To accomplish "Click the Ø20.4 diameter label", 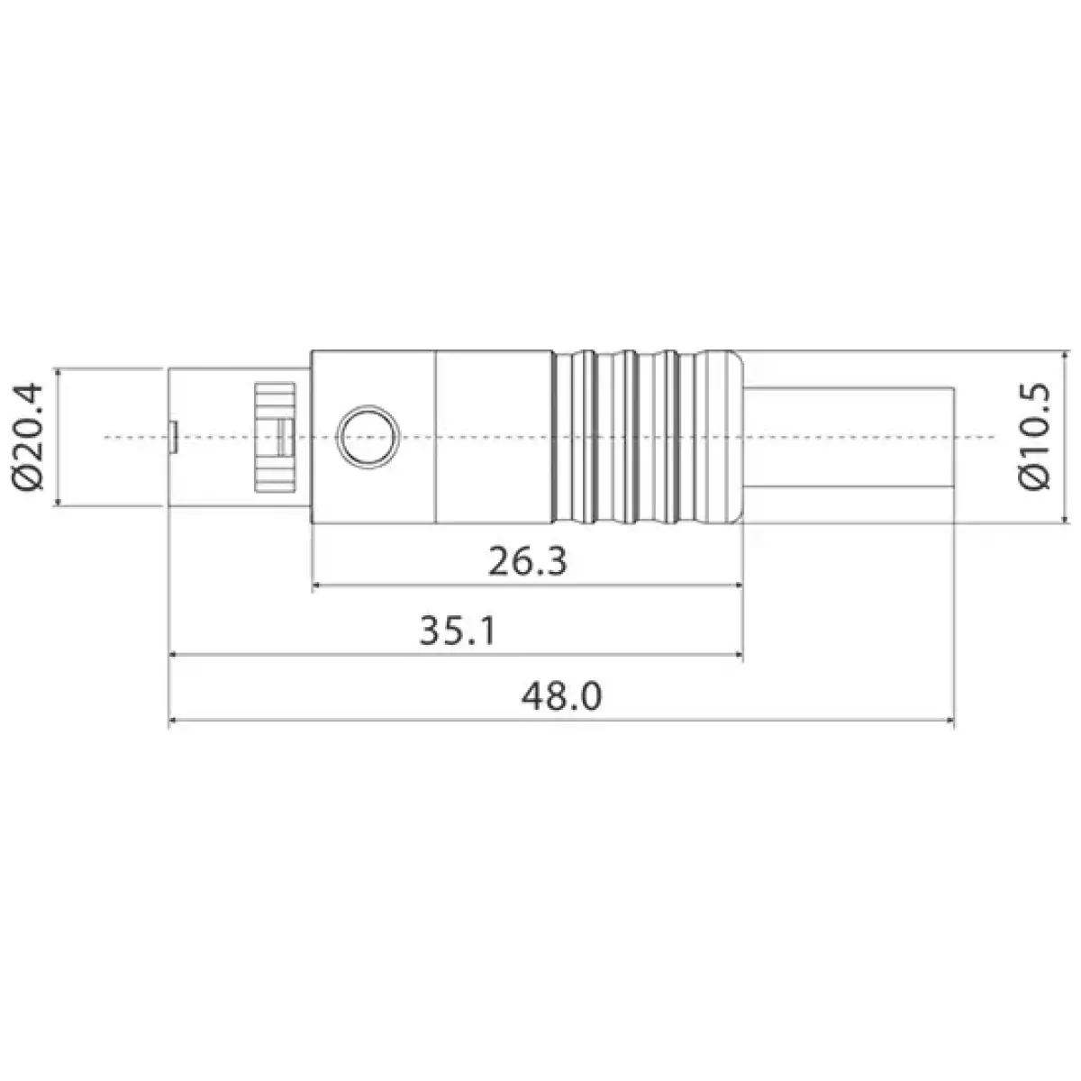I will [29, 437].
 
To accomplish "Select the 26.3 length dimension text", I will [527, 562].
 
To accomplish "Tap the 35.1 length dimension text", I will [458, 631].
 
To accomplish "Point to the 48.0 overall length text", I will [561, 696].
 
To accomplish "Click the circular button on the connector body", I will [366, 437].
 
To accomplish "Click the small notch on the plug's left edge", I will [172, 437].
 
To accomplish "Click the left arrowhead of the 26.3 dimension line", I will [314, 586].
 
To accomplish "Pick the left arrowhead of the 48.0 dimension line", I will [172, 721].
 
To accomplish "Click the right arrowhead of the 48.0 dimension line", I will [952, 721].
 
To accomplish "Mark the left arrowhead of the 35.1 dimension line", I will [172, 655].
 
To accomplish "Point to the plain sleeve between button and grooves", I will [494, 437].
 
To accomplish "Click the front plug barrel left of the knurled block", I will [212, 437].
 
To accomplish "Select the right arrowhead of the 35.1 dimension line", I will [740, 655].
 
